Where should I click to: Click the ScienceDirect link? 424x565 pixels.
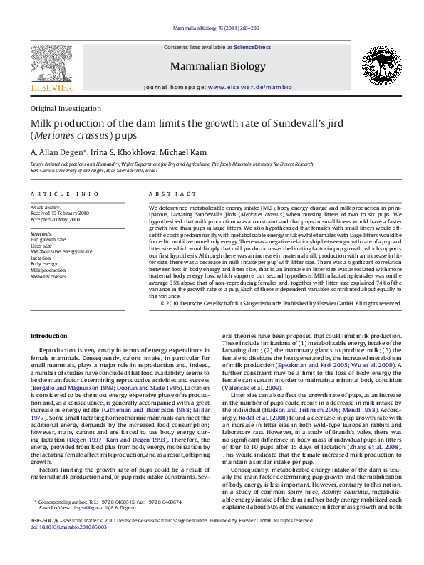252,46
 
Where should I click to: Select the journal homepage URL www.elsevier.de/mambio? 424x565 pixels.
249,86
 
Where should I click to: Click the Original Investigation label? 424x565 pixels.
66,109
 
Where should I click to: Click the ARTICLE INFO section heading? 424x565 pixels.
65,194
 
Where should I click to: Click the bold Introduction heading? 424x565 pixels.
48,335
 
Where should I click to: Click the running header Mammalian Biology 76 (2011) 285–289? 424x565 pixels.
216,29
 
